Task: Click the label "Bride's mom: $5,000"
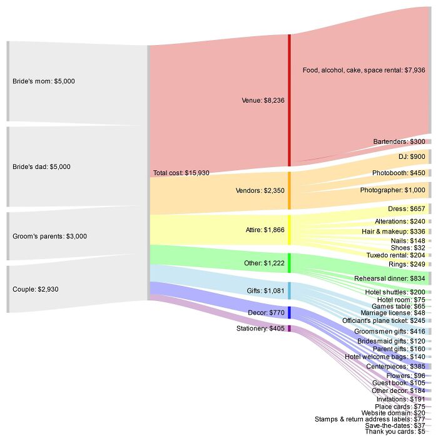43,81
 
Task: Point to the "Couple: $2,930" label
36,290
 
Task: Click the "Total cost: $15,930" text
181,173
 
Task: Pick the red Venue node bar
289,100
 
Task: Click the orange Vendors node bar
289,190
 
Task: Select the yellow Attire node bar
289,230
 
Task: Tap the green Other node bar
289,263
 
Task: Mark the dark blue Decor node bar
289,312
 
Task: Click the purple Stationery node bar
289,328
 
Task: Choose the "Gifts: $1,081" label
263,290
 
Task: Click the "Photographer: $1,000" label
392,190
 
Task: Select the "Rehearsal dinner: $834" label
390,278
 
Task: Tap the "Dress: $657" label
407,208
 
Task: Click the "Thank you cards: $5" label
395,432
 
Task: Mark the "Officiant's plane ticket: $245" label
384,321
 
